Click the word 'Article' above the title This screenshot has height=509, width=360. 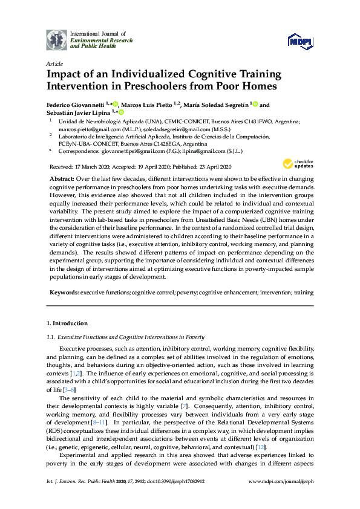tap(53, 63)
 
